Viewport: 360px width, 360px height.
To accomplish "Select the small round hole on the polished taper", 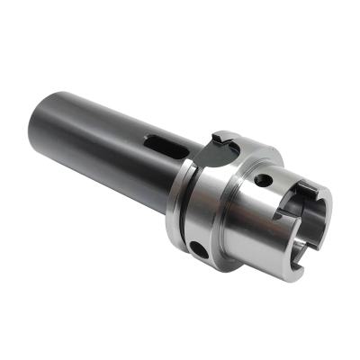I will (262, 182).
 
